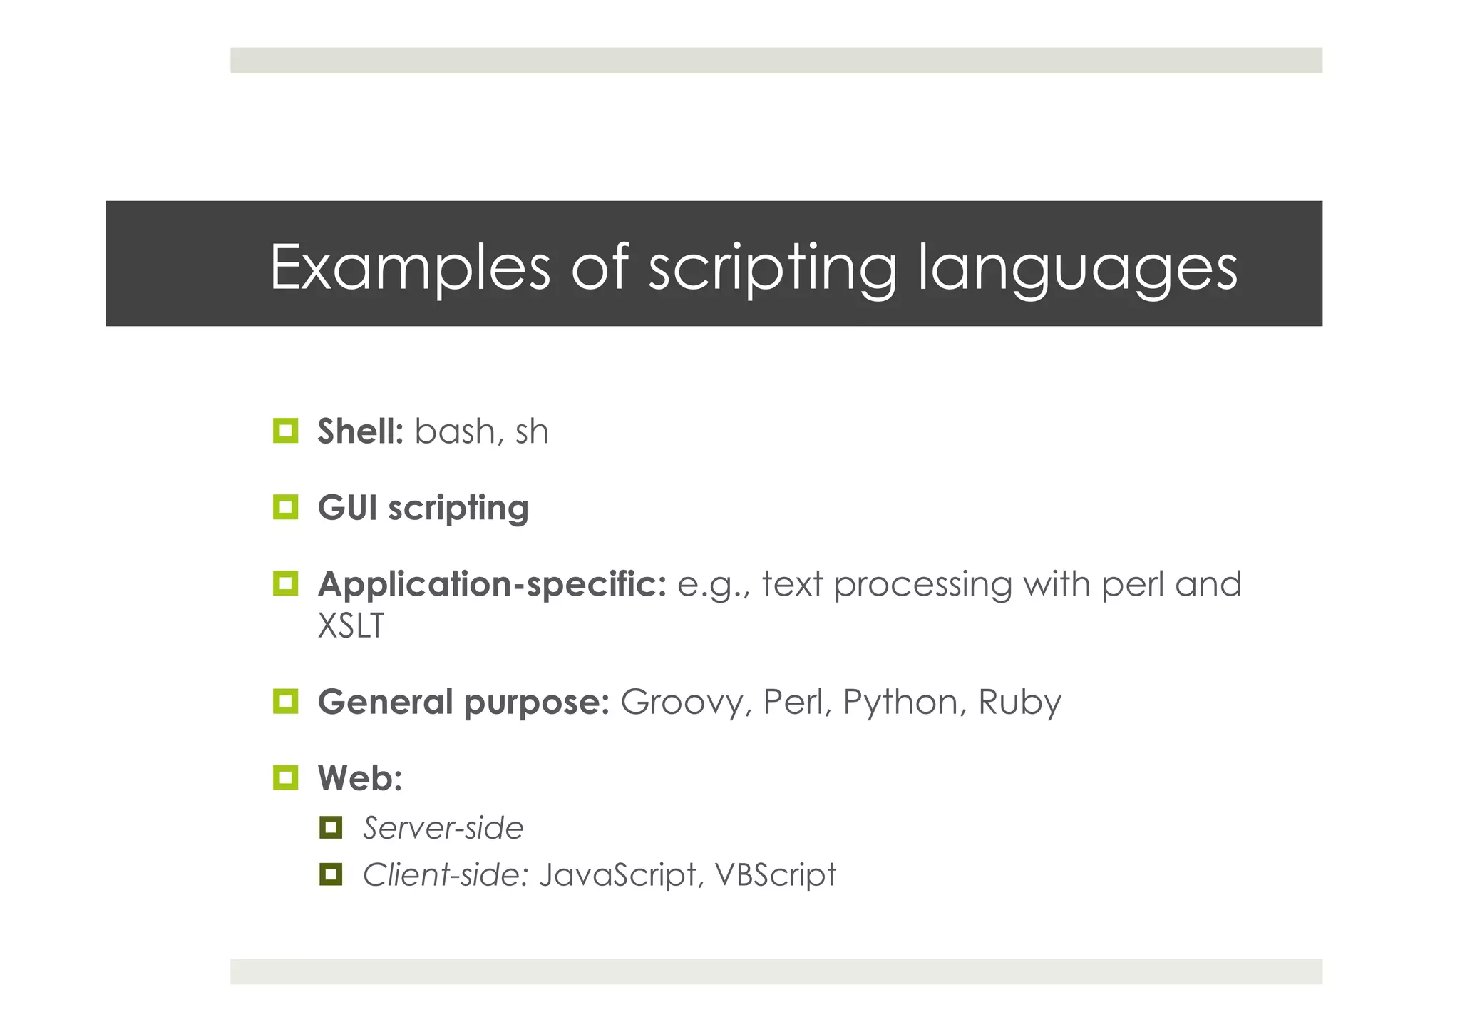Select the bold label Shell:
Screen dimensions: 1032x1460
coord(360,431)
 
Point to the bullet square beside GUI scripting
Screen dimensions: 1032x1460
coord(286,507)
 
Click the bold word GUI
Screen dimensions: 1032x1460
coord(347,508)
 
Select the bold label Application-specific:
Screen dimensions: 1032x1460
coord(492,584)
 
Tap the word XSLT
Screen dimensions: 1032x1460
coord(351,626)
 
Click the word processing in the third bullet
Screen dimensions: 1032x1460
coord(922,585)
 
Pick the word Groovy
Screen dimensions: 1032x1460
coord(682,702)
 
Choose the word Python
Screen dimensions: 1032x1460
coord(900,703)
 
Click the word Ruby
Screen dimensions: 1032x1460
coord(1019,703)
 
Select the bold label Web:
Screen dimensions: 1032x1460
coord(360,778)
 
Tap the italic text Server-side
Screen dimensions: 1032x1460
coord(443,828)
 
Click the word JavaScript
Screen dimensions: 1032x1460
coord(617,875)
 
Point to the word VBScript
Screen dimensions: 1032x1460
coord(775,875)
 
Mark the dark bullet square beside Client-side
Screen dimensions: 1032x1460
coord(331,874)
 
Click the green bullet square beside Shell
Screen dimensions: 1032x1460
coord(286,431)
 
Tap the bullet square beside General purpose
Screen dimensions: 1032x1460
coord(286,701)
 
